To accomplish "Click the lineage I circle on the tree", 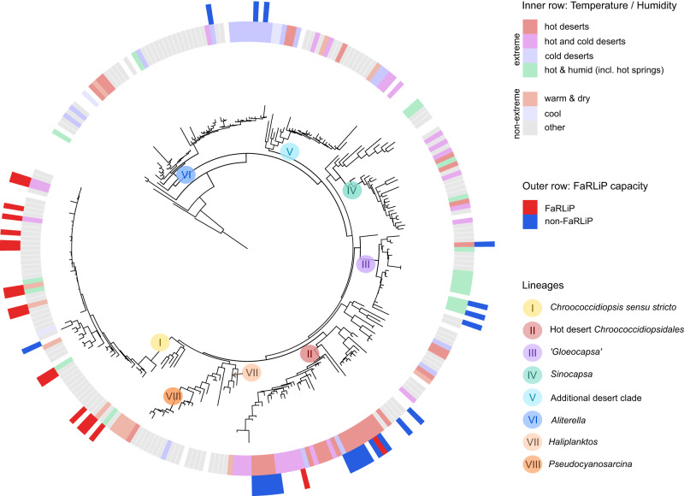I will [160, 343].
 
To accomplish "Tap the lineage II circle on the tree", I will [310, 352].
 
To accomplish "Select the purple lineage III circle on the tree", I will [366, 264].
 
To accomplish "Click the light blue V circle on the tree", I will [291, 152].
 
